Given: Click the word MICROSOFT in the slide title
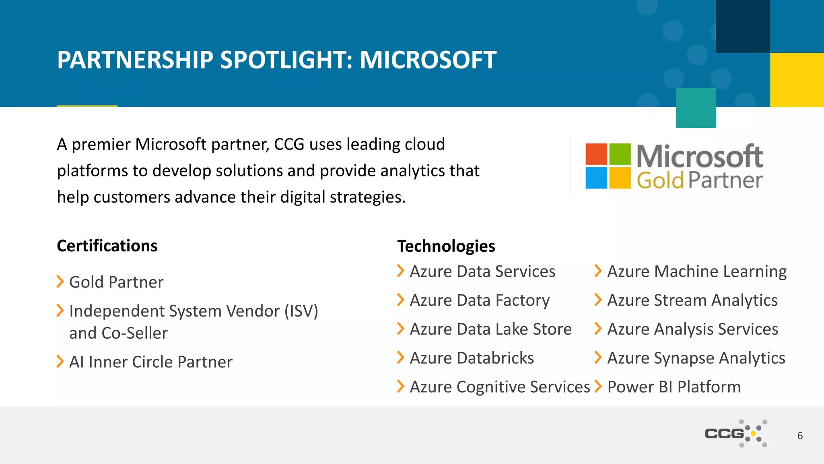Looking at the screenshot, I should pyautogui.click(x=428, y=60).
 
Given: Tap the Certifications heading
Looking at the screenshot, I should pyautogui.click(x=107, y=246).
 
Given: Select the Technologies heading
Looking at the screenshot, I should pyautogui.click(x=446, y=246).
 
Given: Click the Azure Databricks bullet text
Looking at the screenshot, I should pyautogui.click(x=472, y=358).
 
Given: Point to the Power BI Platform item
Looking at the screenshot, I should pyautogui.click(x=674, y=387).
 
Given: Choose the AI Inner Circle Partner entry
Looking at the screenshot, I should pyautogui.click(x=150, y=362).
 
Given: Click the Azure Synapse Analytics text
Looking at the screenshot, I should pyautogui.click(x=696, y=358).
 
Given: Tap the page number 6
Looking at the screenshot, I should pyautogui.click(x=800, y=436).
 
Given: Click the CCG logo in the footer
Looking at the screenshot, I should pyautogui.click(x=735, y=433).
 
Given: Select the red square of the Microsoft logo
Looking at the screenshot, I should pyautogui.click(x=596, y=154).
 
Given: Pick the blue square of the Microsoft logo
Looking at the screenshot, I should pyautogui.click(x=596, y=178).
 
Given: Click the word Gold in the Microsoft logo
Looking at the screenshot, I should pyautogui.click(x=660, y=180).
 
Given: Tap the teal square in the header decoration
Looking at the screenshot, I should pyautogui.click(x=696, y=108).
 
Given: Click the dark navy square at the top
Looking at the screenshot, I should pyautogui.click(x=742, y=26).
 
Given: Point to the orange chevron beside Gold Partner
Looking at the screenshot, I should pyautogui.click(x=60, y=282).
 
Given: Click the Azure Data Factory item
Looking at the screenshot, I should pyautogui.click(x=479, y=300).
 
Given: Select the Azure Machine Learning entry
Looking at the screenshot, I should pyautogui.click(x=696, y=271).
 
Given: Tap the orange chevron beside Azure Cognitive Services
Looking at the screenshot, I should pyautogui.click(x=400, y=386).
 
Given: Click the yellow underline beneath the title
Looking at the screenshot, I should pyautogui.click(x=87, y=106).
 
